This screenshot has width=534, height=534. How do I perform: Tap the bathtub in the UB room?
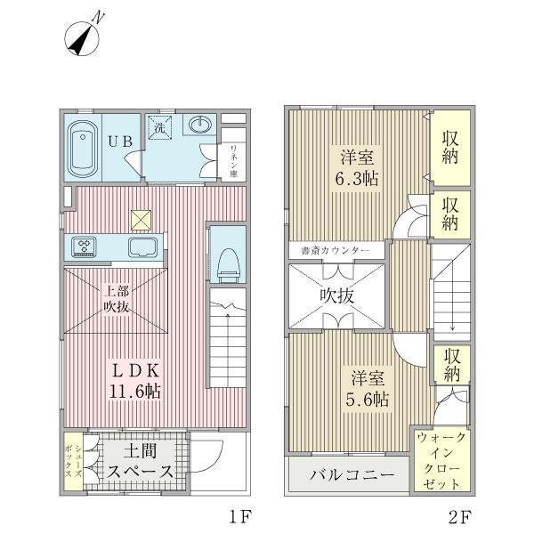83,149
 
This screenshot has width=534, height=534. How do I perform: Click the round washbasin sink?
200,125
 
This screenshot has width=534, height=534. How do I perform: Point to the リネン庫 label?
233,161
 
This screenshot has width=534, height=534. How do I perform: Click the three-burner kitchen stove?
84,247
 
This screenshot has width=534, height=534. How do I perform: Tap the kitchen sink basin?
142,247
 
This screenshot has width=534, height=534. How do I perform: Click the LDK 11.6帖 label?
135,382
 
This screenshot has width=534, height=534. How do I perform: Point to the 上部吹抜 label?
117,299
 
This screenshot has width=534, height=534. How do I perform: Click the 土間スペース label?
140,461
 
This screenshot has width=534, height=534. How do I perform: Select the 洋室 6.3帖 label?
357,168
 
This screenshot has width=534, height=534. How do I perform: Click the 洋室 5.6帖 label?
368,389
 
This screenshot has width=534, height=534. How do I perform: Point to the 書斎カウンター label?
336,251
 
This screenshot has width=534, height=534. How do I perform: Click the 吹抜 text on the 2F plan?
337,296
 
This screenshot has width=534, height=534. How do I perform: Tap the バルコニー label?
352,474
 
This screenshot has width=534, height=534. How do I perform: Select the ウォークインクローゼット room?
441,460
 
